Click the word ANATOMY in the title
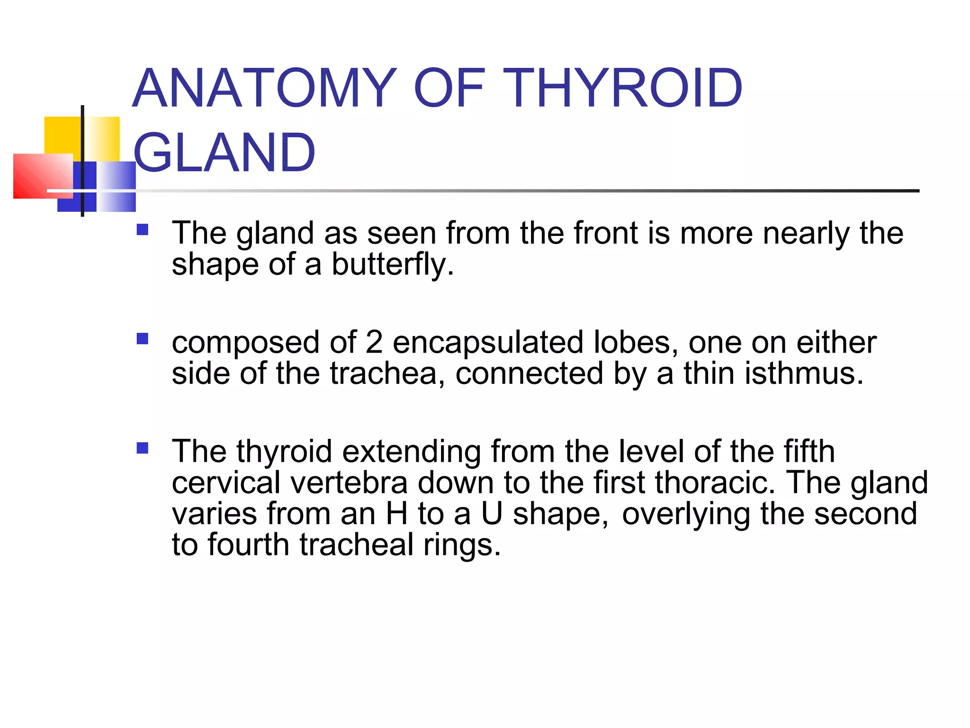(x=264, y=88)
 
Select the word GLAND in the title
(x=224, y=153)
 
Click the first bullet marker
(x=142, y=230)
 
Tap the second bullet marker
(x=142, y=339)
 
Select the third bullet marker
(x=142, y=448)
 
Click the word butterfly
(x=392, y=264)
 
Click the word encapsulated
(x=488, y=343)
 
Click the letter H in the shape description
(x=397, y=514)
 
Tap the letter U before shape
(x=492, y=514)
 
